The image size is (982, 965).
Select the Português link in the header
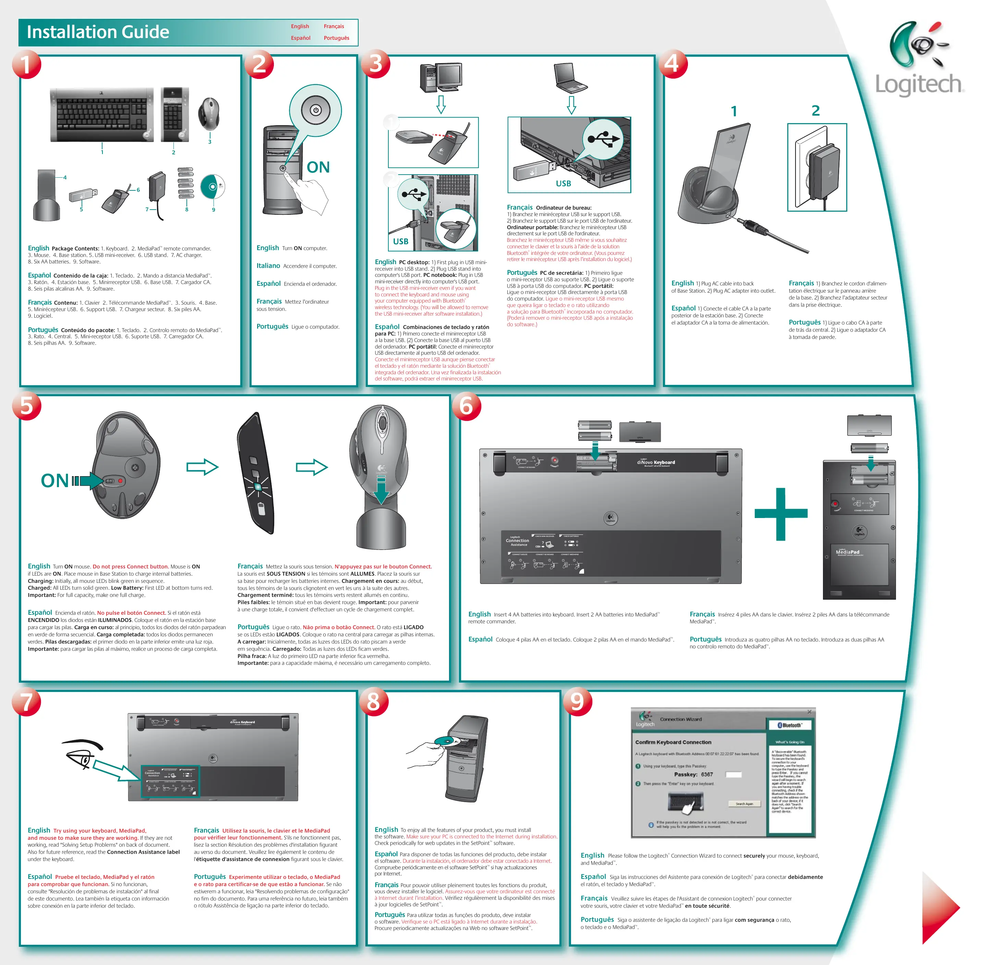point(336,38)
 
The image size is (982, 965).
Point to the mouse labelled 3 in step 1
point(209,114)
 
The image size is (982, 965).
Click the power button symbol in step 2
point(316,110)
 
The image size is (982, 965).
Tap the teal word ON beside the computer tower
point(318,167)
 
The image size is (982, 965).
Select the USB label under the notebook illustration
point(563,184)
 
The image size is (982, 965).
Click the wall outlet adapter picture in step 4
point(816,167)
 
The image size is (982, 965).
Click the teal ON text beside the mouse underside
point(55,481)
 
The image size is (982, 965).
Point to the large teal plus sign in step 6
point(780,514)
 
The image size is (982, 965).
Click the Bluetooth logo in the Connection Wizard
point(790,725)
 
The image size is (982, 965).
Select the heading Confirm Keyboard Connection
point(673,742)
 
